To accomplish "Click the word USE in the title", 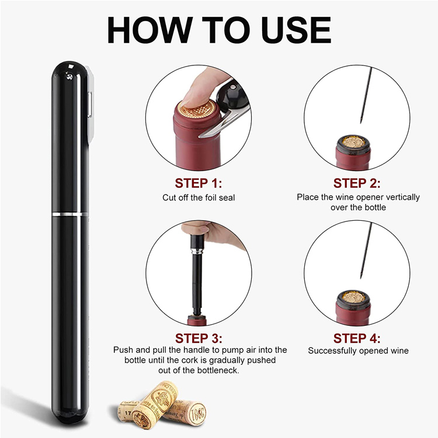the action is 296,30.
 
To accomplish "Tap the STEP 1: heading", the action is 199,183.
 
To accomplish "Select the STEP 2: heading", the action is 357,183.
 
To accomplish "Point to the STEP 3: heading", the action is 199,338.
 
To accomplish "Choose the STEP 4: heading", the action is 357,338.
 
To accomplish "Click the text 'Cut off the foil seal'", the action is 199,198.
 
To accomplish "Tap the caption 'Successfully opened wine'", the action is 358,351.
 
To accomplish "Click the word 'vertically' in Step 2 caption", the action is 402,197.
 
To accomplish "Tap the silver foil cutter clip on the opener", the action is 90,104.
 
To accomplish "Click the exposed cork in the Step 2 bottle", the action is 354,142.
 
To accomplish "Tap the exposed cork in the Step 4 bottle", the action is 354,297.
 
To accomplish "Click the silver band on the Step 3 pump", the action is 197,249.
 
